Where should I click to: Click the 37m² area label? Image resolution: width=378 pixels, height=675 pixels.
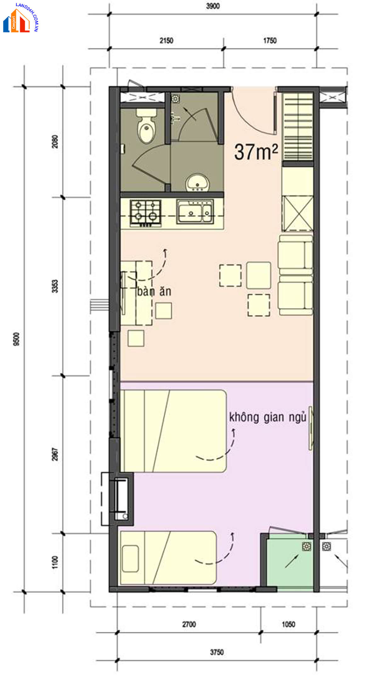(256, 152)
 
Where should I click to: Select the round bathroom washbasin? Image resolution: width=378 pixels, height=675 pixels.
(197, 183)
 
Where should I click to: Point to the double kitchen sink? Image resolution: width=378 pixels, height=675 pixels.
(195, 211)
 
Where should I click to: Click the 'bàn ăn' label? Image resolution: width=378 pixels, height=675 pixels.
(154, 291)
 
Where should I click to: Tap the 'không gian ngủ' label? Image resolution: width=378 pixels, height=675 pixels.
(267, 417)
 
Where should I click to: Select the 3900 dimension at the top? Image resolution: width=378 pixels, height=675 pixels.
(213, 6)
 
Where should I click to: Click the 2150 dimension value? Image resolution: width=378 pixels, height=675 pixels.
(166, 41)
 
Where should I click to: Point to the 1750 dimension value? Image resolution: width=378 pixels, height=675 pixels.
(270, 41)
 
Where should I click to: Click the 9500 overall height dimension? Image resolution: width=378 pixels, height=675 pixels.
(16, 339)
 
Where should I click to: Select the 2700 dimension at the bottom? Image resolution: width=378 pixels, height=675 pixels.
(189, 624)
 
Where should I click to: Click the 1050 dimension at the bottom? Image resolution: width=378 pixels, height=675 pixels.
(288, 624)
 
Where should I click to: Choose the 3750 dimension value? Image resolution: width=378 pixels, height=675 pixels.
(217, 652)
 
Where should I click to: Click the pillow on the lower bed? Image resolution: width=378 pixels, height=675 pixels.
(130, 559)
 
